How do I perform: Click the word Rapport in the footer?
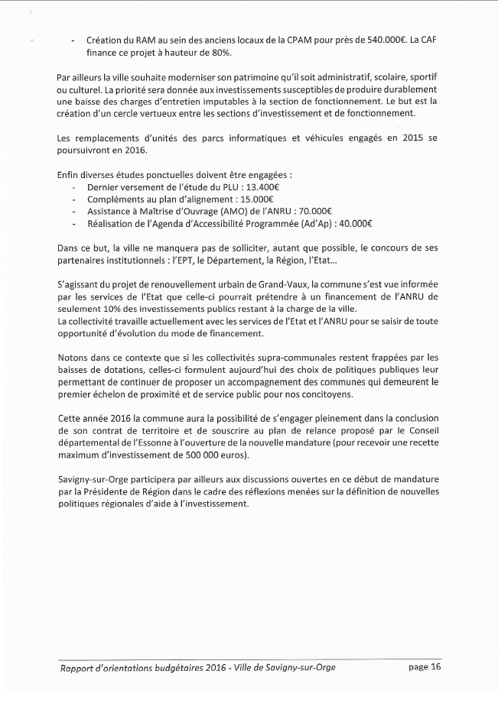click(80, 669)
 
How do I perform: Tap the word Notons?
click(76, 358)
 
